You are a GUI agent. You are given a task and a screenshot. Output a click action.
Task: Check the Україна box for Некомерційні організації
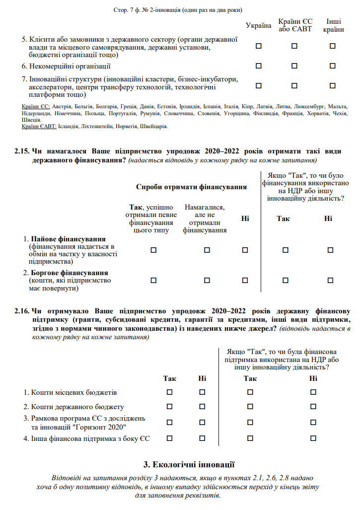258,66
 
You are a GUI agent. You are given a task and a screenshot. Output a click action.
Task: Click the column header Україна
258,26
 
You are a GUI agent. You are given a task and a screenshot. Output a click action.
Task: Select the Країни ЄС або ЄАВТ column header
294,26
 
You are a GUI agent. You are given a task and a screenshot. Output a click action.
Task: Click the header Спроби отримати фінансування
192,187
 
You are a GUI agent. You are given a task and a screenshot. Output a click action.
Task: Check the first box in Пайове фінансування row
153,250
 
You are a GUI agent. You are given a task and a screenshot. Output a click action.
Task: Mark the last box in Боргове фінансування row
330,280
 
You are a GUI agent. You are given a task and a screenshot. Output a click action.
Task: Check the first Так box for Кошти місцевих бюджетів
169,392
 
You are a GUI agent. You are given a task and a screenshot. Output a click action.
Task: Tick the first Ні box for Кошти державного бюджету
202,406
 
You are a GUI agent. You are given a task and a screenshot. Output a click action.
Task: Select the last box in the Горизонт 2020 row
313,422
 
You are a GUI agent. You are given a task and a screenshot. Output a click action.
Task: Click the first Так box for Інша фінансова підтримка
169,438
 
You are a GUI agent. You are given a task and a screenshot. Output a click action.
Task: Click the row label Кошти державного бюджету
77,407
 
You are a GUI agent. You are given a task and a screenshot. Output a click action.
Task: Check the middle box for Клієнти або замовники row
294,46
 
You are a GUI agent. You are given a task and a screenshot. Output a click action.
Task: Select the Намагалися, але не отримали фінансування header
205,218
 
